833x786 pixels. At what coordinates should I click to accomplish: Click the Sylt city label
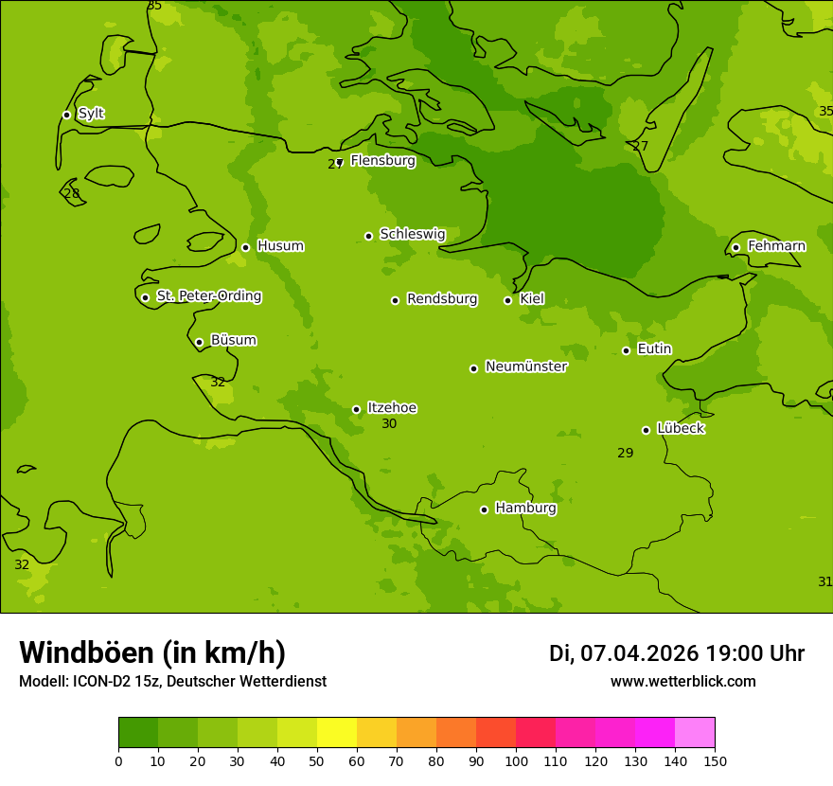click(x=91, y=114)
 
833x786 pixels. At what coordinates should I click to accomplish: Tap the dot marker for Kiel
click(x=507, y=300)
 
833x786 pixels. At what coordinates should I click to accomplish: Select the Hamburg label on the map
click(x=525, y=509)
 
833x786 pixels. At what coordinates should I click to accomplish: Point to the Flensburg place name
click(x=382, y=161)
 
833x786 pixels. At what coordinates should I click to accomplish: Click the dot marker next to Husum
click(x=245, y=247)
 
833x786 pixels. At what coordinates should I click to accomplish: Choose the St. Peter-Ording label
click(x=208, y=296)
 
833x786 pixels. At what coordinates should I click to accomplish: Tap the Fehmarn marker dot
click(x=736, y=247)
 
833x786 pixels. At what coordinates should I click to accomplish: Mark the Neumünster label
click(x=526, y=366)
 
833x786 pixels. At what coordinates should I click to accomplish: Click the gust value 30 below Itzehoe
click(x=389, y=424)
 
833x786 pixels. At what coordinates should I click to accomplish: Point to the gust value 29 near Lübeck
click(x=626, y=454)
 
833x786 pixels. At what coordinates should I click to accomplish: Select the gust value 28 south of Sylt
click(x=72, y=194)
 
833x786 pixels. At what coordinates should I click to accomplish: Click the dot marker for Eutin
click(x=626, y=350)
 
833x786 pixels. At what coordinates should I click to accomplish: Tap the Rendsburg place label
click(x=442, y=299)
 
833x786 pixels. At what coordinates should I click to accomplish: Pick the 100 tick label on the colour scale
click(x=516, y=760)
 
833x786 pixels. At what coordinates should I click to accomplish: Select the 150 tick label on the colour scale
click(x=715, y=760)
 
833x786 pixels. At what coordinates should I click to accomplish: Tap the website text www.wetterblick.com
click(x=682, y=682)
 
